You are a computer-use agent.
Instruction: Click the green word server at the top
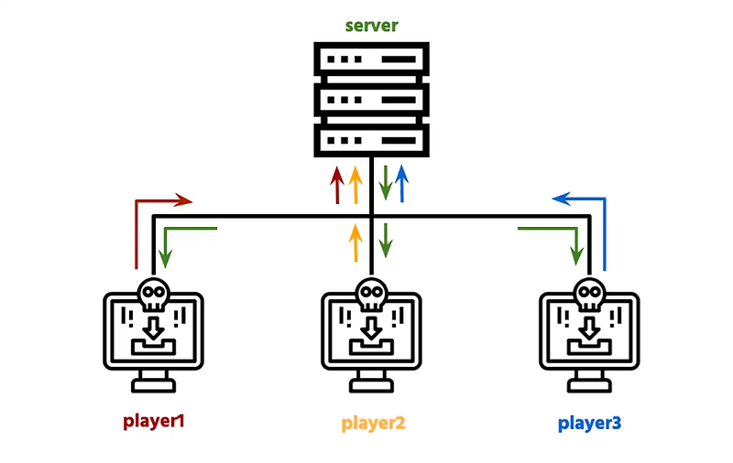[x=371, y=25]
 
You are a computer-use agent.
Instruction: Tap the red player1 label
[x=154, y=422]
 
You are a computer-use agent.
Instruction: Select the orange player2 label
[x=373, y=424]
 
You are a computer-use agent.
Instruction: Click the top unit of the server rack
[x=371, y=61]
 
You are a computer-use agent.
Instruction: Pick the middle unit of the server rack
[x=371, y=99]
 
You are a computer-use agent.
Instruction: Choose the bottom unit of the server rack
[x=371, y=140]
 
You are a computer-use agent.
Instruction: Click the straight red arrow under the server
[x=336, y=184]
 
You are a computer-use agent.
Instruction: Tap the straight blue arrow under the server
[x=400, y=184]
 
